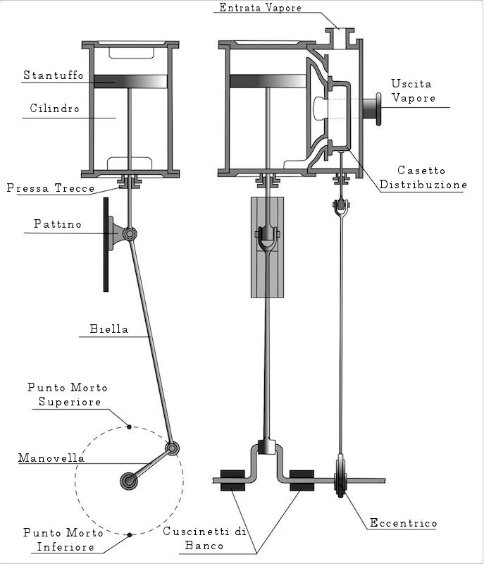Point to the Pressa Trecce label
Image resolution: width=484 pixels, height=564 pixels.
51,188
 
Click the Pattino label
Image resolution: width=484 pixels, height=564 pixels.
58,224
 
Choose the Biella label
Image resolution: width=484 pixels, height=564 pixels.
109,329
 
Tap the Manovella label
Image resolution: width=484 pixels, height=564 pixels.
52,458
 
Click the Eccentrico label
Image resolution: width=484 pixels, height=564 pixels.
404,523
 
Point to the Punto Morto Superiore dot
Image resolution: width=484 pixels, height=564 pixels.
129,425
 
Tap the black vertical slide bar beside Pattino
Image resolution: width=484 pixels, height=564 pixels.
106,244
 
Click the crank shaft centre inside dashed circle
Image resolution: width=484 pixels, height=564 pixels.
130,482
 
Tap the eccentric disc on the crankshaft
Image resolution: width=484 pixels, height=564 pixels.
340,480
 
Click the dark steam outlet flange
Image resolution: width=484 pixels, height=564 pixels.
372,110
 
